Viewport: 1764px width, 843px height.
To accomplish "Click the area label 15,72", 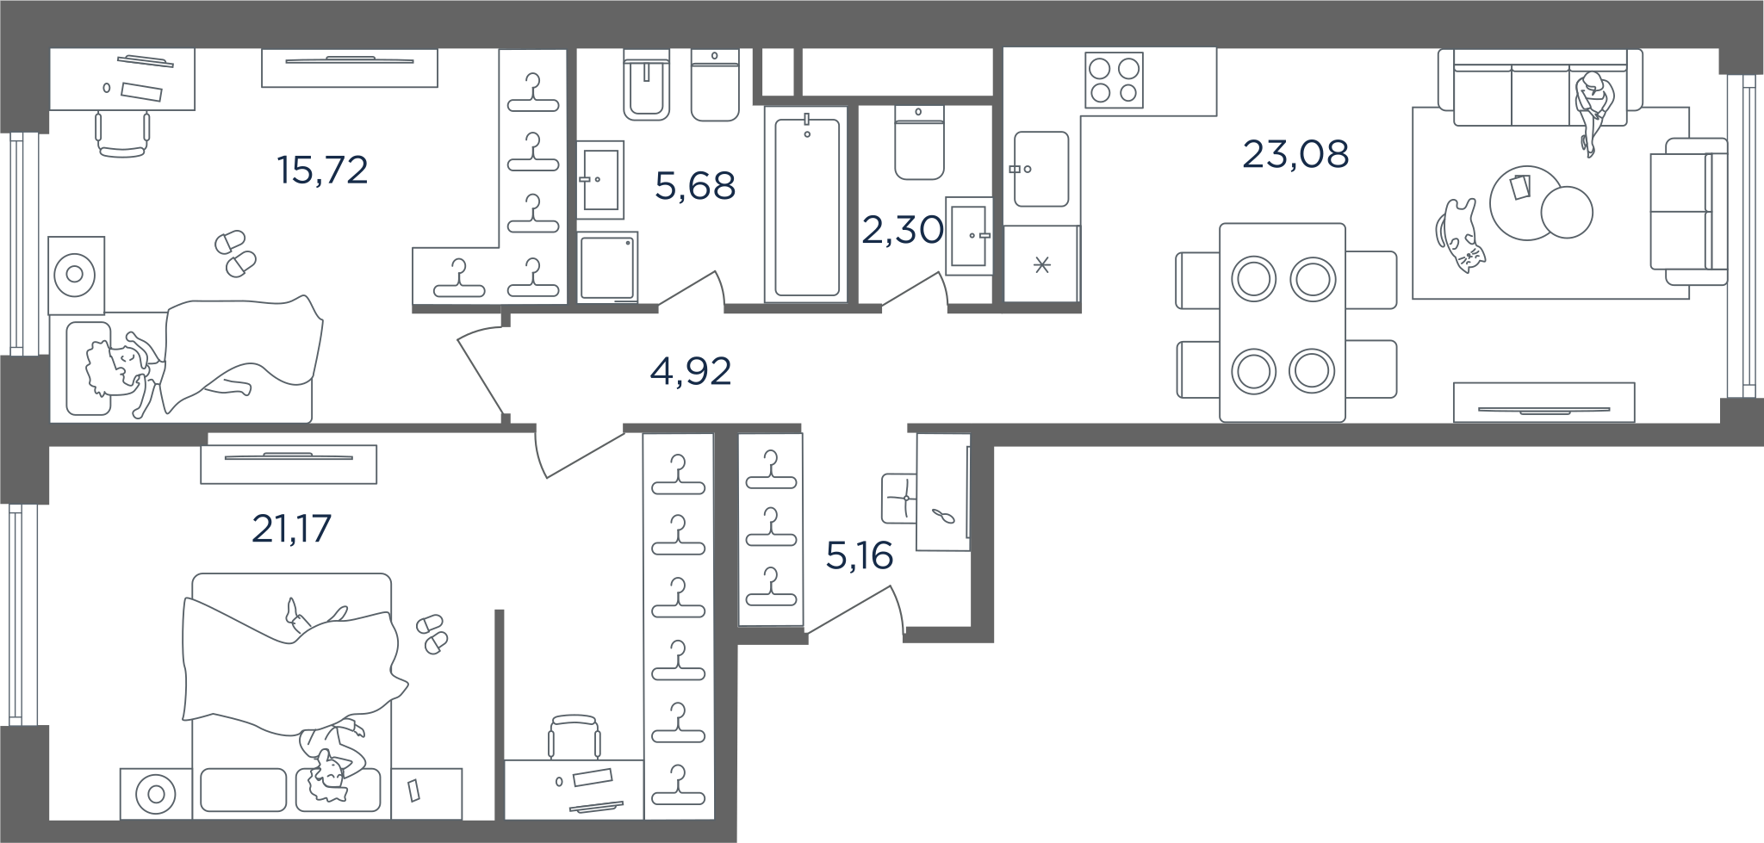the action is click(x=323, y=170).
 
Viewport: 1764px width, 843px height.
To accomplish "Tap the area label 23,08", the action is click(x=1295, y=155).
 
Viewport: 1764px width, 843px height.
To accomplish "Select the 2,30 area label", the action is click(x=903, y=230).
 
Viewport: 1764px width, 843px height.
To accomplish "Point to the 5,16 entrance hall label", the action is click(x=859, y=556).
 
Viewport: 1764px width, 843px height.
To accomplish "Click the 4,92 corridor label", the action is click(x=691, y=371).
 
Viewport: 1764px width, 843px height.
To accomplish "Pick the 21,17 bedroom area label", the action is click(x=291, y=529).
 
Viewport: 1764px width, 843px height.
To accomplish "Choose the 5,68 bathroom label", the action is click(x=695, y=186).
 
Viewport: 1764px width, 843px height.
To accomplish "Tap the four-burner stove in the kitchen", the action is click(x=1114, y=80).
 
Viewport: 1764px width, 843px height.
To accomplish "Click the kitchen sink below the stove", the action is click(x=1041, y=170).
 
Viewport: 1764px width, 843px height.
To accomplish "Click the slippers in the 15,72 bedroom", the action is click(x=235, y=253).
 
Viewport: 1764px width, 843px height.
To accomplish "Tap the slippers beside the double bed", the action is click(x=432, y=633).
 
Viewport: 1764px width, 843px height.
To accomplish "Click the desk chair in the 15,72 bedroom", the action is click(x=121, y=134).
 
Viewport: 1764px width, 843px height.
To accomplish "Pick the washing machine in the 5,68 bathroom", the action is click(x=608, y=267).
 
